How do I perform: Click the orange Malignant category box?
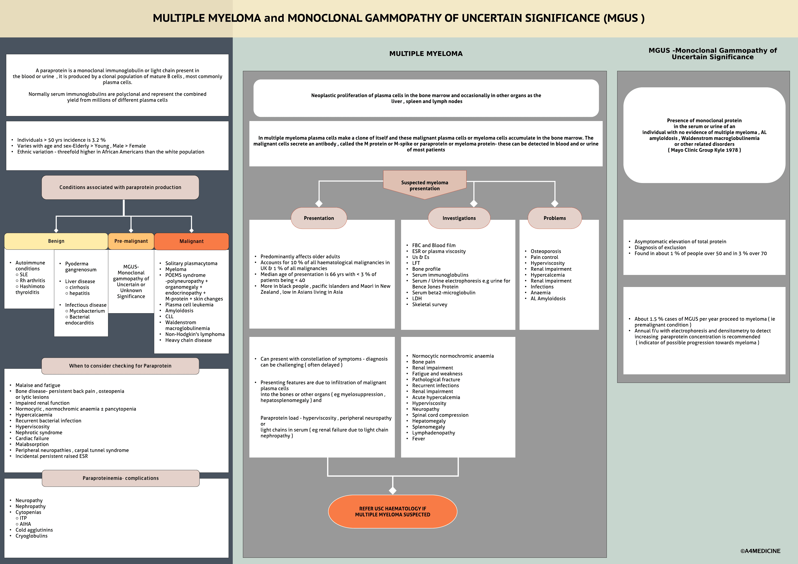pos(192,241)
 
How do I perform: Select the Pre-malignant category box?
pos(131,241)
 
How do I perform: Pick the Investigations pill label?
pos(459,218)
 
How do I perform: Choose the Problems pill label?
pos(554,218)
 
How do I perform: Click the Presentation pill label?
pos(319,218)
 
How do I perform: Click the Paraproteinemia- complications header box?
pos(121,478)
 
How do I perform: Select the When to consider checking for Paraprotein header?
pos(120,366)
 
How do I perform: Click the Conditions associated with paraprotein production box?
pos(120,187)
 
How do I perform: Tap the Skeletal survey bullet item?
pos(430,305)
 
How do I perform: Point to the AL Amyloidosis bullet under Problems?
pos(548,299)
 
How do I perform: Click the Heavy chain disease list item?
pos(188,340)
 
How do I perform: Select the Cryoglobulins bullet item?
pos(31,536)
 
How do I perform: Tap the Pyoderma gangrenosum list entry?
pos(81,267)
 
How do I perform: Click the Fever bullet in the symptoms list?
pos(419,439)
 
